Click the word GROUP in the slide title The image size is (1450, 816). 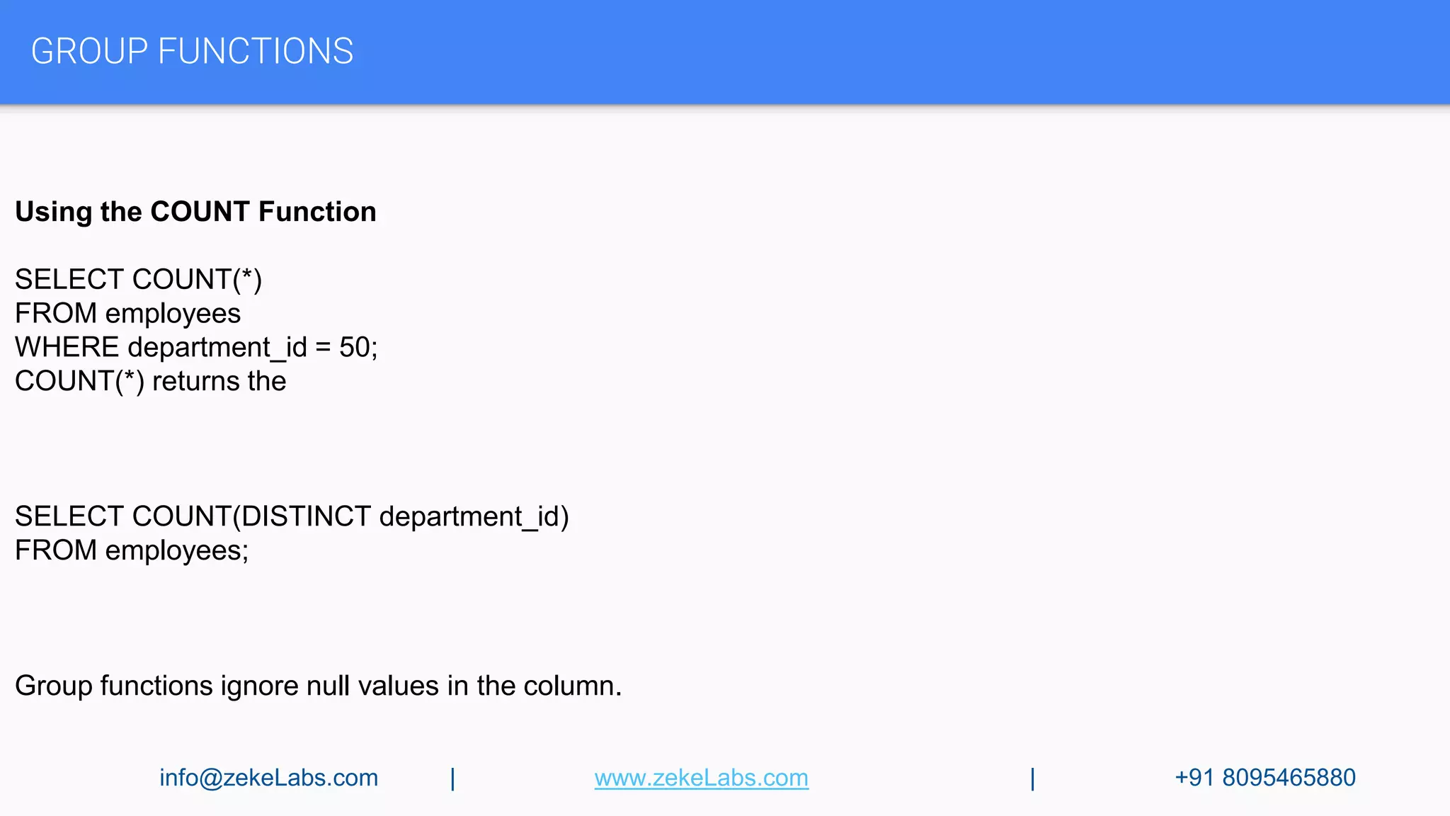click(89, 52)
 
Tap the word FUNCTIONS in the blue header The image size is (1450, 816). click(256, 52)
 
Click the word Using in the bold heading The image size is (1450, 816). click(54, 212)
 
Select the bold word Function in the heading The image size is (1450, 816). click(317, 212)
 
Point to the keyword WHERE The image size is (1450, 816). click(67, 348)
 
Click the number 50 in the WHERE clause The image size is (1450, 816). click(355, 348)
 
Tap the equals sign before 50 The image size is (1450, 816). click(323, 348)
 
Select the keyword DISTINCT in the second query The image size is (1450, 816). click(306, 517)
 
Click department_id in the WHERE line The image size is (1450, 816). click(217, 348)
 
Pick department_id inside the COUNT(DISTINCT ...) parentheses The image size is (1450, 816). click(470, 517)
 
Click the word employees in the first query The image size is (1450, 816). click(173, 314)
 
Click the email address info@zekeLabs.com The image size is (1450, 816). click(268, 778)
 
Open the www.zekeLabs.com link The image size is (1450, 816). click(701, 778)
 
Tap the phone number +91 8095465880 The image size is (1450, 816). click(1265, 778)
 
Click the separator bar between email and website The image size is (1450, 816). click(453, 778)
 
